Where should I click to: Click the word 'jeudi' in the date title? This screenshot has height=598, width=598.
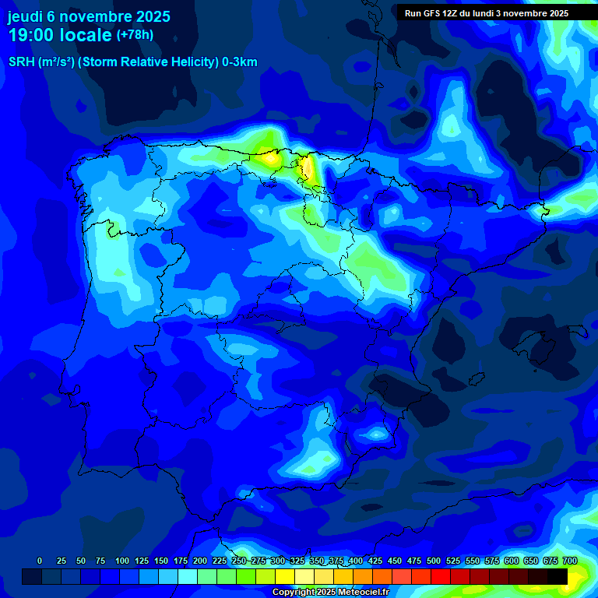26,16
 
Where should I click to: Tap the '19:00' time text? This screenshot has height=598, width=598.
31,35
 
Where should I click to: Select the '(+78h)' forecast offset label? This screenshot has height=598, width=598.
135,35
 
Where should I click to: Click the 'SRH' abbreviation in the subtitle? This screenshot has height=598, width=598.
22,62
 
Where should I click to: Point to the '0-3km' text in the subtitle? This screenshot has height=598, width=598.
239,62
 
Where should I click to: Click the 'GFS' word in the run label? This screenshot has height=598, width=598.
430,13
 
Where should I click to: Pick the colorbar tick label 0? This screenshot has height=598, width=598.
40,561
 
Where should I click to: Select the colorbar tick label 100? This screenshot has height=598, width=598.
122,561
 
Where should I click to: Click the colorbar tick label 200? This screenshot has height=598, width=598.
200,561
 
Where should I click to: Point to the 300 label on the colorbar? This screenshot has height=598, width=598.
278,561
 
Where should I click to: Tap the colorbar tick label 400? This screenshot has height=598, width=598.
356,561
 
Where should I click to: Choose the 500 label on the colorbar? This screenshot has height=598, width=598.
434,561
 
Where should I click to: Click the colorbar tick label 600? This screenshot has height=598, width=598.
512,561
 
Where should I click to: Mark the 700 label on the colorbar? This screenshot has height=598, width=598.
569,561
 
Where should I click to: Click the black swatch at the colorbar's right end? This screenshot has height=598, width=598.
558,576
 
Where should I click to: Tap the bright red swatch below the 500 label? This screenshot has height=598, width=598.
440,576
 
